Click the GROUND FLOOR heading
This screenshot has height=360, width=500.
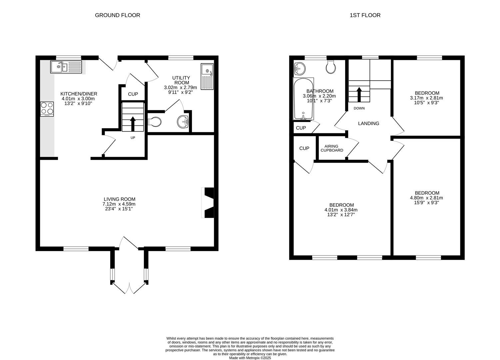point(118,15)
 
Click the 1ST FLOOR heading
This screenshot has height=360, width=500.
point(365,15)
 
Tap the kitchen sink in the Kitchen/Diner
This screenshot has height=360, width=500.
point(66,67)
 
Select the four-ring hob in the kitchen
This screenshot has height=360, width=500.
point(47,108)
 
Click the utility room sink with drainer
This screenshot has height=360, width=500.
point(207,76)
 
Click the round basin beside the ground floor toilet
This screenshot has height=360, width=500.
point(183,122)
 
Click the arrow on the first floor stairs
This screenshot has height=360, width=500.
point(359,94)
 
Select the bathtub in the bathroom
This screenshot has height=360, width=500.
point(303,99)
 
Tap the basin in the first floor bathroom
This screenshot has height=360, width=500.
point(300,69)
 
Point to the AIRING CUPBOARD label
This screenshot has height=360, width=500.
point(332,148)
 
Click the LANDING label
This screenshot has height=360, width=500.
point(368,123)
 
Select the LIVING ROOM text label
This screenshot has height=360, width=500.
point(119,199)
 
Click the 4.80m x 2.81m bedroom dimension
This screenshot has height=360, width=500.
point(427,198)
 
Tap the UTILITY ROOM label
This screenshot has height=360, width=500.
point(181,80)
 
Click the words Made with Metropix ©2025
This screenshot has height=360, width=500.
point(250,358)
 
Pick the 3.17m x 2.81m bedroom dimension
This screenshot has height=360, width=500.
point(427,98)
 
